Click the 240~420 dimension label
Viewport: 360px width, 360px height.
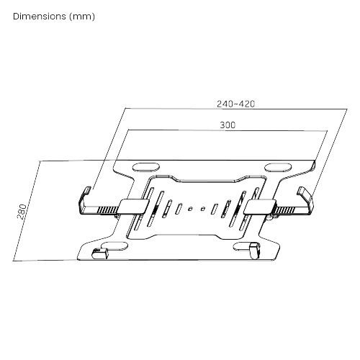pos(235,103)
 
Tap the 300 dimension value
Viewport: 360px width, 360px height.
pos(228,125)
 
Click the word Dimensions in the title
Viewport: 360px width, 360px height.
pos(40,16)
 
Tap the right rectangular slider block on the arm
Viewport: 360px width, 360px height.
pos(258,206)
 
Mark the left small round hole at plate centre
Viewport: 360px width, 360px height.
pos(189,210)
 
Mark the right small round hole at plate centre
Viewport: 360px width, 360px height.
pos(202,210)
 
